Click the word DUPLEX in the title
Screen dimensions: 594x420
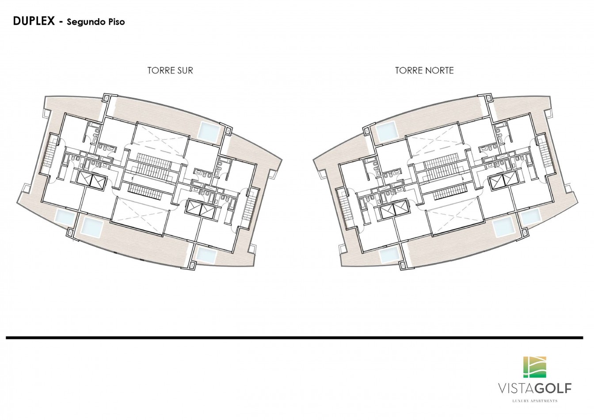34,21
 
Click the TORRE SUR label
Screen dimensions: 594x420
170,70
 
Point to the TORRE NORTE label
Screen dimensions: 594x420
424,70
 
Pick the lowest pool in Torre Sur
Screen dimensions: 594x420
206,255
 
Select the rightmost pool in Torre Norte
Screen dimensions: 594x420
530,216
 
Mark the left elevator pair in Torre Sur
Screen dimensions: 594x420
91,180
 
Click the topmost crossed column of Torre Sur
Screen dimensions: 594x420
107,98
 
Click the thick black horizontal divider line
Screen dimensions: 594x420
294,338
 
